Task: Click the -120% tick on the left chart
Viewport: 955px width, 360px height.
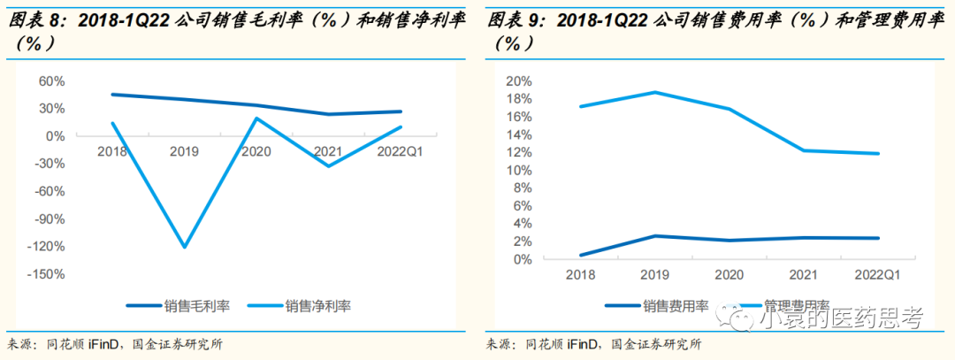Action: click(48, 247)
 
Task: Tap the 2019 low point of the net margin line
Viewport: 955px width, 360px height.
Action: click(185, 247)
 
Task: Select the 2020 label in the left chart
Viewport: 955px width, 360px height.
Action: click(256, 151)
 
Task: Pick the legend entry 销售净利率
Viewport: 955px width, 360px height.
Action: click(318, 306)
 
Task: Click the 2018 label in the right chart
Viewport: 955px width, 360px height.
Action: click(582, 275)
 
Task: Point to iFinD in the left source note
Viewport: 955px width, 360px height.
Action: click(104, 344)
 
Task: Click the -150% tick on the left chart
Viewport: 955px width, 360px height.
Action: click(48, 274)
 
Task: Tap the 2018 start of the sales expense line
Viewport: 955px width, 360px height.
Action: click(582, 255)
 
